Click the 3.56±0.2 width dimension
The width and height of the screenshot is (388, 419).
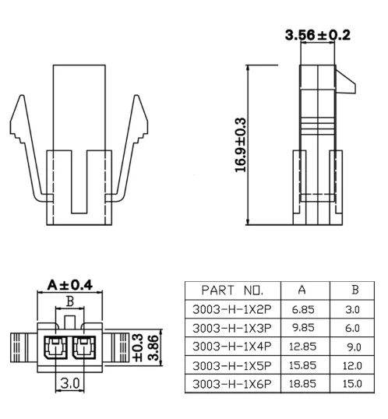[x=317, y=35]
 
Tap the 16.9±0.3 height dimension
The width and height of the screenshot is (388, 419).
[x=240, y=145]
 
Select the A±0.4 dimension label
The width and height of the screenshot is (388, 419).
[x=70, y=285]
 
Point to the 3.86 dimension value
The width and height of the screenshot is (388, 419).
[x=153, y=347]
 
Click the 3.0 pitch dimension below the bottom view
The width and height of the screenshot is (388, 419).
[x=70, y=383]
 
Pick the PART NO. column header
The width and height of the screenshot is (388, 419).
[x=232, y=290]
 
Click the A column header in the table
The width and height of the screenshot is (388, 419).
[x=302, y=290]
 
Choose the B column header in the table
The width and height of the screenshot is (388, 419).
[x=355, y=290]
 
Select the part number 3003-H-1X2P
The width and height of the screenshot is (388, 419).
[x=232, y=309]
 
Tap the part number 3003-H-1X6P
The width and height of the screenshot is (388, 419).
[x=232, y=384]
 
